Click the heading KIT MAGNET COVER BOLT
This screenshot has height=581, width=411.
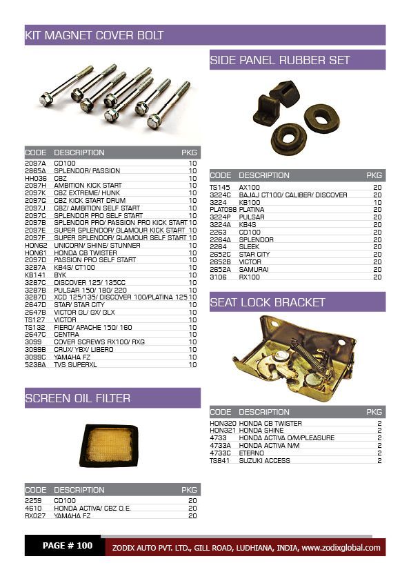coord(94,35)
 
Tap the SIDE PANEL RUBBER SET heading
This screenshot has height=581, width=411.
coord(280,60)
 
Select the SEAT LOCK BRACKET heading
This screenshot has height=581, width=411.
coord(268,302)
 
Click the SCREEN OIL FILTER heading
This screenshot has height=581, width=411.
coord(78,398)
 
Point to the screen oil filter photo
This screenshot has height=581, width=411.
coord(109,445)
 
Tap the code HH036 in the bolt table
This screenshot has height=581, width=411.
coord(35,178)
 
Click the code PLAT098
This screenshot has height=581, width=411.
coord(223,210)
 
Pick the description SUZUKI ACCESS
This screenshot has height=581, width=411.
coord(265,460)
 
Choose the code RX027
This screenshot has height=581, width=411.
coord(34,515)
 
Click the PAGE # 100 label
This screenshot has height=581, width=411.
coord(67,546)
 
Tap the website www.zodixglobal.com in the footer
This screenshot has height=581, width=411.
coord(341,548)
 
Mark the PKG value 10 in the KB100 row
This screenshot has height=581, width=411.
coord(377,202)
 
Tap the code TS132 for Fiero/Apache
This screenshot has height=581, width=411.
coord(34,327)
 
